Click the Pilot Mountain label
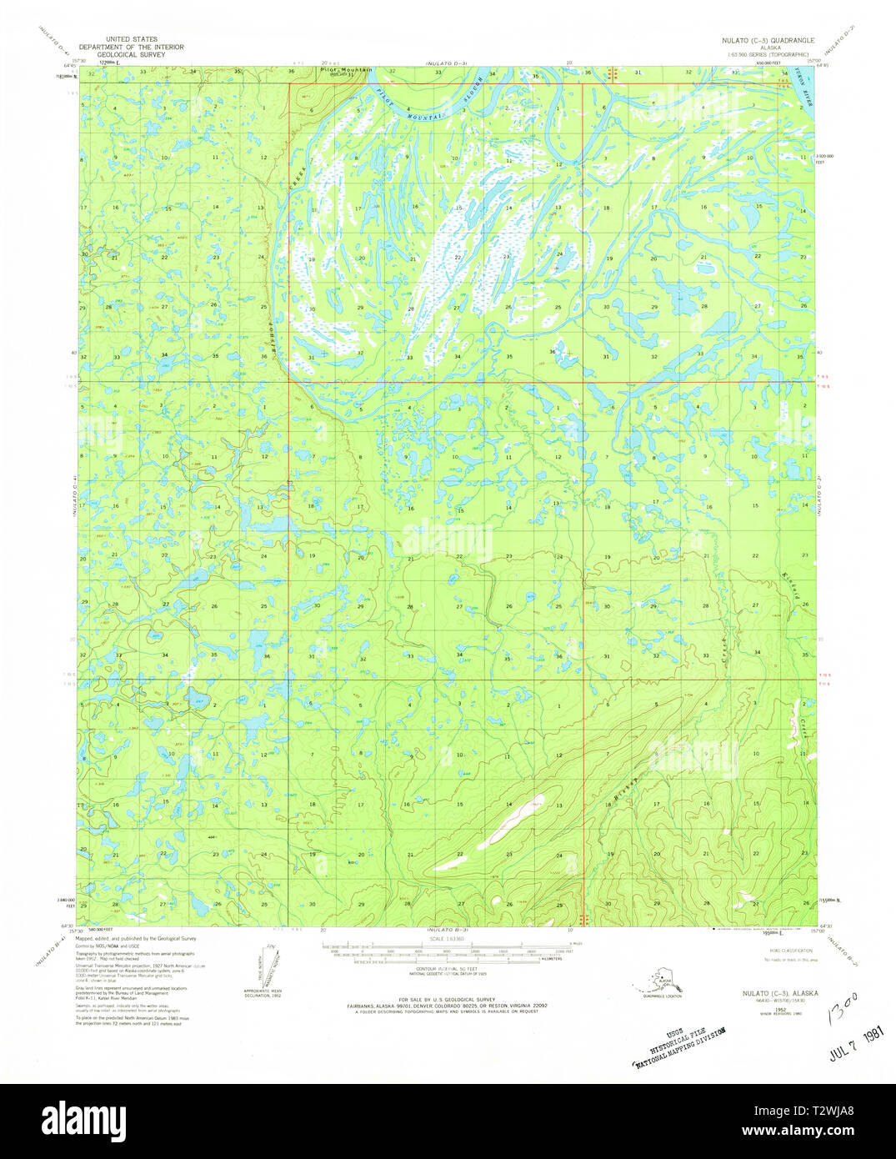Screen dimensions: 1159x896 pyautogui.click(x=346, y=70)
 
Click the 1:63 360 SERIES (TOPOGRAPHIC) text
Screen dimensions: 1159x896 pyautogui.click(x=770, y=55)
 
